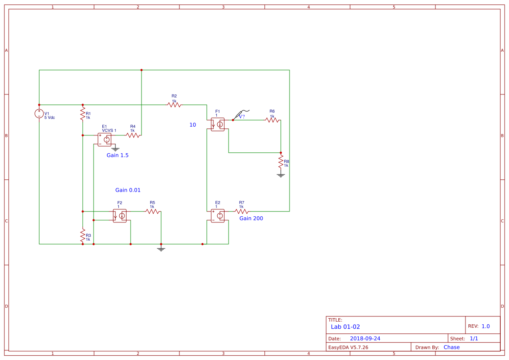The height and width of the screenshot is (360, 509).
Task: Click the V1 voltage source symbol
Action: click(39, 114)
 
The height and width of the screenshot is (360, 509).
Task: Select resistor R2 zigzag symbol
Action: click(174, 105)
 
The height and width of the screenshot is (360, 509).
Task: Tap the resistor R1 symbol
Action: click(83, 114)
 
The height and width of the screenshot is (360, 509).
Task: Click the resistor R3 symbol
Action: click(83, 236)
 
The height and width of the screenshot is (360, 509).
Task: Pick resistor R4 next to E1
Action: click(133, 135)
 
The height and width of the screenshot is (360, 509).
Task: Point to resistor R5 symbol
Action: click(152, 212)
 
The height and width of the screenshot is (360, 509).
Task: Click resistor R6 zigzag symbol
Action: click(272, 120)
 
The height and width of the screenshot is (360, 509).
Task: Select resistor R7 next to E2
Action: click(242, 212)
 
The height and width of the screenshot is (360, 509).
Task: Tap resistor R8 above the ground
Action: click(281, 162)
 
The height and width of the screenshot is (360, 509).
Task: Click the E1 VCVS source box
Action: click(104, 140)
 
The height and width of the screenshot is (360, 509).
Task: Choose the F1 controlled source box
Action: click(218, 124)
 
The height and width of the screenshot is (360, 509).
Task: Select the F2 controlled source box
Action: click(120, 216)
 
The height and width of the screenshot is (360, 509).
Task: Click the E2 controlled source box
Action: click(218, 216)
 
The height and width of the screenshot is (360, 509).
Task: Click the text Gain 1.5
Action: click(118, 155)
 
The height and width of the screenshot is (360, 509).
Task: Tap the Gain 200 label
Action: click(251, 219)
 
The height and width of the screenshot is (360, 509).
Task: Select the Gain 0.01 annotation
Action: click(128, 190)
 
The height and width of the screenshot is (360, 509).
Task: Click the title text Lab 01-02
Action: click(345, 327)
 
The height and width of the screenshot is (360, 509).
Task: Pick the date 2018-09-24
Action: click(365, 339)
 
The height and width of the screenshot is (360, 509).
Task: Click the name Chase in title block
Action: click(452, 347)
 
